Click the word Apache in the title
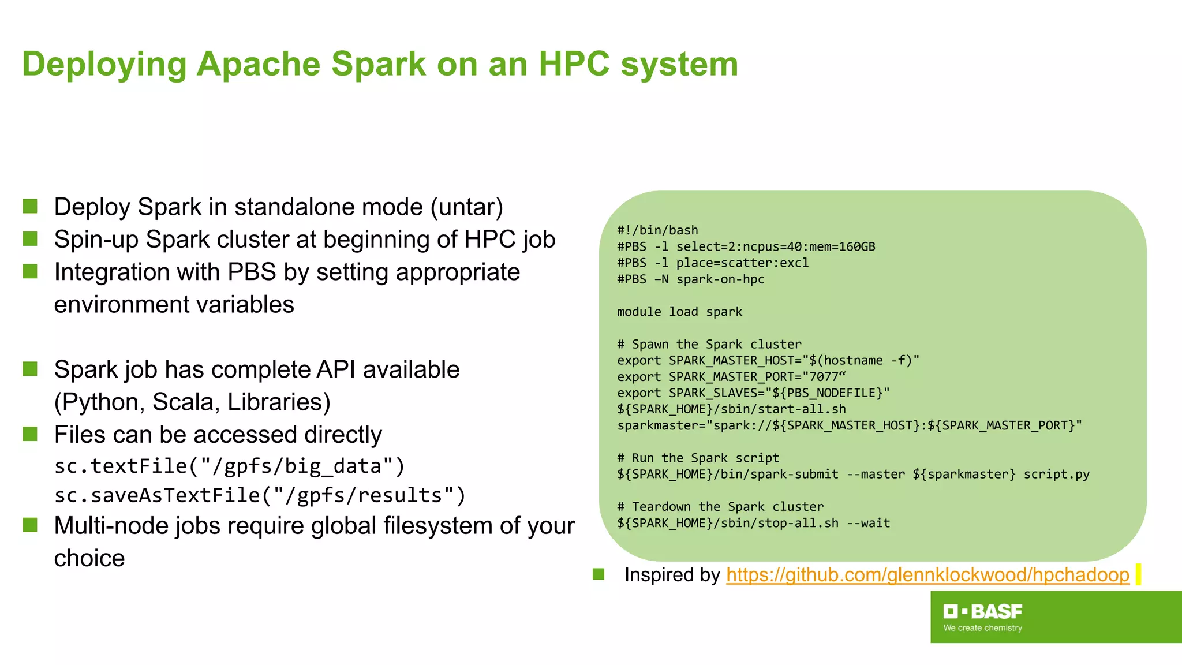point(258,63)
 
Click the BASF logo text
point(996,611)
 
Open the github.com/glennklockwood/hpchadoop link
point(927,575)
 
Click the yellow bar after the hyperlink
point(1138,574)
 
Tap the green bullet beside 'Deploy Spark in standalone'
point(30,206)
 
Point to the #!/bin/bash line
point(657,230)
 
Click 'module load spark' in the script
point(679,312)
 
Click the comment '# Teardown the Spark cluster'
point(720,507)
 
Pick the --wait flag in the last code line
point(868,523)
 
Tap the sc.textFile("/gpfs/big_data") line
point(230,466)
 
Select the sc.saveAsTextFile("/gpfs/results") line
point(260,495)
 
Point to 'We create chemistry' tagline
point(982,628)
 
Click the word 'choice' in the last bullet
point(89,558)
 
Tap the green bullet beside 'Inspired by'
point(599,574)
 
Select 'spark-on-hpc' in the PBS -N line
point(720,279)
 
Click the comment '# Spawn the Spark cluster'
point(709,345)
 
